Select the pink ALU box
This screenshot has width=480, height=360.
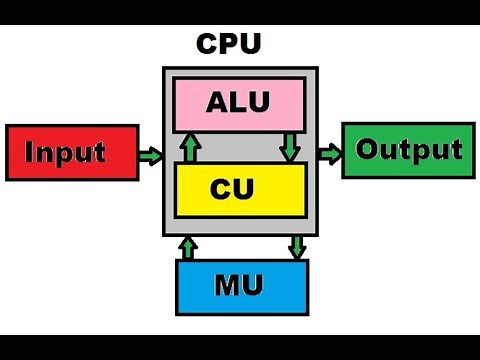(239, 104)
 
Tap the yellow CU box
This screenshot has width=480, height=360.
(239, 189)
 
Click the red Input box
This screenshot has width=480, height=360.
(71, 153)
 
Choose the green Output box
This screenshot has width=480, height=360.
(407, 151)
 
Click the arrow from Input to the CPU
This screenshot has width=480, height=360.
(150, 155)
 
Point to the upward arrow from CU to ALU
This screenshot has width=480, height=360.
(187, 148)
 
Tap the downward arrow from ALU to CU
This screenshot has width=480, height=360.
(290, 147)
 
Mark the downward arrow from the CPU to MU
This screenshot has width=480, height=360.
(297, 247)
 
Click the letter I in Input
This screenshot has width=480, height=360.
(29, 153)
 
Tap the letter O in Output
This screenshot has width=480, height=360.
(368, 150)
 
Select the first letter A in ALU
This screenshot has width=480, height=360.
(218, 104)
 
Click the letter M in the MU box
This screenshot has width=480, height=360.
(227, 287)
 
